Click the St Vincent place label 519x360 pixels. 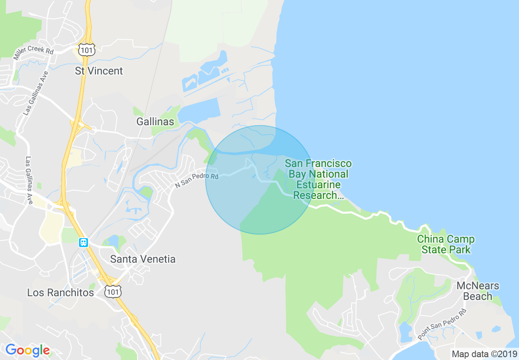point(99,71)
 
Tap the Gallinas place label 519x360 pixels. point(155,122)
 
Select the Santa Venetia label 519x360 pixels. point(143,259)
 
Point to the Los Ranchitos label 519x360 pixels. point(61,292)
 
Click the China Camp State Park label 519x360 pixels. point(446,244)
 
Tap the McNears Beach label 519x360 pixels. point(478,291)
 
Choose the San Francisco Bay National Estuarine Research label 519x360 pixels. point(318,180)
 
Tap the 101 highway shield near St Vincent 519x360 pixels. point(88,49)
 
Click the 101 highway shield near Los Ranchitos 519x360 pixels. point(113,291)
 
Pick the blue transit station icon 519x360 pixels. point(83,242)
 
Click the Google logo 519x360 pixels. point(27,350)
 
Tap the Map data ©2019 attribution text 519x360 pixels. point(484,353)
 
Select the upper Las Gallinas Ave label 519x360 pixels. point(36,92)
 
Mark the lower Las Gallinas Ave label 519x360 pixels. point(29,175)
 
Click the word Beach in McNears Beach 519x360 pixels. point(478,296)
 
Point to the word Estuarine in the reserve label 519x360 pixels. point(318,185)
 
